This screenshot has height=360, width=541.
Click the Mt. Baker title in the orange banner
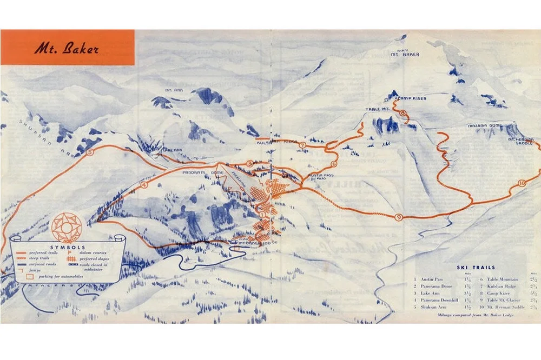coord(67,49)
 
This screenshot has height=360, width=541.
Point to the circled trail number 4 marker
coord(144,185)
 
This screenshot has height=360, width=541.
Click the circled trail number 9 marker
coord(399,217)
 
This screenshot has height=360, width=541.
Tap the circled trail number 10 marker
coord(521,183)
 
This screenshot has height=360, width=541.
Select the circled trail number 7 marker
coord(302,145)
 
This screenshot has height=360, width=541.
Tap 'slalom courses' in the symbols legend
coord(96,252)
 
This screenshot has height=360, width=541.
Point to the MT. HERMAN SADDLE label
coord(521,142)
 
